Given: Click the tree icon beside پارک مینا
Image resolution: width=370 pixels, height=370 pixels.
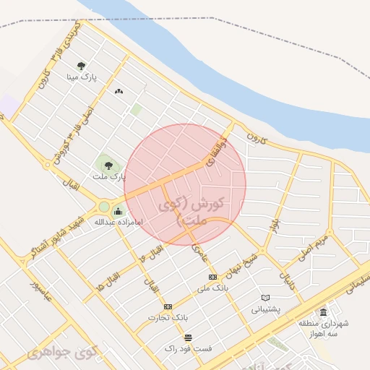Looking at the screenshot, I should (82, 66).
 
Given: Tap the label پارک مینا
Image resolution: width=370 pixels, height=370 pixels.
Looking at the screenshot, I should (82, 76).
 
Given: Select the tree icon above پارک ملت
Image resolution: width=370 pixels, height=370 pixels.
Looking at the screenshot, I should (108, 165).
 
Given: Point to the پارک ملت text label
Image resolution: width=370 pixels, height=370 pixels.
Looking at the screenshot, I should (109, 176).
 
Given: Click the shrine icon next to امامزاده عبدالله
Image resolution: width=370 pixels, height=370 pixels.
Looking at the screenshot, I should (118, 211).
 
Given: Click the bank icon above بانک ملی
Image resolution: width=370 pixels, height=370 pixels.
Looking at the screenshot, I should (212, 277).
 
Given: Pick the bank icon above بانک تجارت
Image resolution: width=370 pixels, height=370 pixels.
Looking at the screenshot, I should (168, 306).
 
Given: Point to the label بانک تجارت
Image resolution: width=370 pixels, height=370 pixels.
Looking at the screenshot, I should (168, 317).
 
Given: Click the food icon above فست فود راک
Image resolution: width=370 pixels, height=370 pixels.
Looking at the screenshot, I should (188, 337).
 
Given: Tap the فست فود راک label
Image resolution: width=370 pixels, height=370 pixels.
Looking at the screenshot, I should (188, 348).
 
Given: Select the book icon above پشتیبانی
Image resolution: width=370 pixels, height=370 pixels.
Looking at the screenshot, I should (265, 298).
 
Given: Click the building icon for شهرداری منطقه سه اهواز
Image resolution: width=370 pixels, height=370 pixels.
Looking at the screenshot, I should (322, 312).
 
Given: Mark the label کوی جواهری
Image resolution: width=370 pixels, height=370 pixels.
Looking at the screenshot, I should (65, 353).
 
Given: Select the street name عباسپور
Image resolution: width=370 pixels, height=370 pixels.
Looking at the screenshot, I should (40, 288).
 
